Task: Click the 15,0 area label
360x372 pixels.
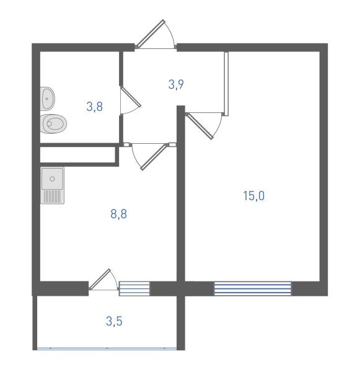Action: (253, 196)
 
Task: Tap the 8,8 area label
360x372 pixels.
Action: (118, 214)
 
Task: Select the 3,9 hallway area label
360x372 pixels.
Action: (176, 84)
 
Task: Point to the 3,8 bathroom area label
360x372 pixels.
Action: (94, 107)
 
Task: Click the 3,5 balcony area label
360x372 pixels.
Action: (114, 321)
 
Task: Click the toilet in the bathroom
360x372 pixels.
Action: (53, 124)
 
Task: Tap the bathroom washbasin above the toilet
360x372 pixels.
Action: (48, 99)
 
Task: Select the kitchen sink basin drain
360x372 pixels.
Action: (53, 179)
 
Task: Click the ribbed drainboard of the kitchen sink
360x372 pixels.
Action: (53, 197)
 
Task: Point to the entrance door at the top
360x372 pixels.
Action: (151, 33)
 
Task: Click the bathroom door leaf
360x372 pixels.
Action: (131, 97)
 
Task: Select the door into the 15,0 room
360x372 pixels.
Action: (200, 126)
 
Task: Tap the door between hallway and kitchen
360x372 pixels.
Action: (154, 157)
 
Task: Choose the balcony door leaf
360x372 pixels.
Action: (100, 279)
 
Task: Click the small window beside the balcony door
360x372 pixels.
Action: (134, 289)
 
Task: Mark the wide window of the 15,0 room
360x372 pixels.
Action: (253, 288)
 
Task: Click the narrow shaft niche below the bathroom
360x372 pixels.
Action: (77, 154)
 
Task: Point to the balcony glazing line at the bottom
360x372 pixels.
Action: (107, 348)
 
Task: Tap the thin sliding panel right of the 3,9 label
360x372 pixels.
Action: (226, 84)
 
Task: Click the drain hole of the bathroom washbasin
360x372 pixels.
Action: (47, 99)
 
